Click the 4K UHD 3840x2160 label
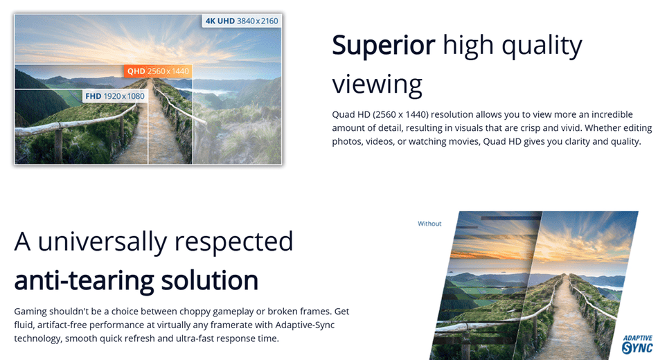[x=242, y=21]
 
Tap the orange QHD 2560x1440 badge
[x=158, y=71]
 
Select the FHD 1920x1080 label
[x=115, y=96]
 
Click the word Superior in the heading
[x=383, y=45]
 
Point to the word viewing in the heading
[x=377, y=84]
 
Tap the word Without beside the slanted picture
[x=429, y=224]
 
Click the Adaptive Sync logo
[x=637, y=344]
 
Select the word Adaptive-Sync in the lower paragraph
[x=305, y=325]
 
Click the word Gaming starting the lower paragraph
[x=30, y=312]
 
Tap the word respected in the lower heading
[x=234, y=242]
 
